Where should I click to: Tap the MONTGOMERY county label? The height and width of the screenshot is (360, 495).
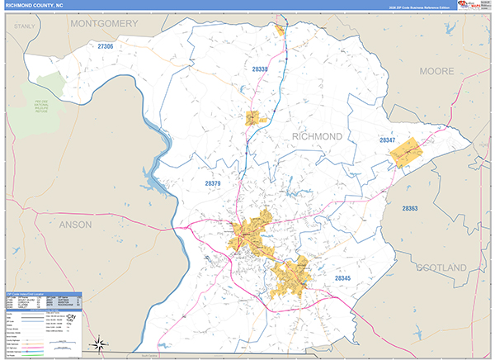pos(104,24)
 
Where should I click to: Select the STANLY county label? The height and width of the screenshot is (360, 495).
pos(25,26)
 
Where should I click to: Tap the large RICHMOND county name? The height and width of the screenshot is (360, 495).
pos(317,135)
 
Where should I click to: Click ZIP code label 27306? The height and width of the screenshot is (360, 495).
pos(105,47)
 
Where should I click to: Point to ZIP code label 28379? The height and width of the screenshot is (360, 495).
pos(212,183)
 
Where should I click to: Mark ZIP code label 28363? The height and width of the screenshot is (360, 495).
pos(410,208)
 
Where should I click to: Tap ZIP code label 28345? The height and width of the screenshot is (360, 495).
pos(346,281)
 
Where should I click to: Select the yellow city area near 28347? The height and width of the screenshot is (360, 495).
pos(405,153)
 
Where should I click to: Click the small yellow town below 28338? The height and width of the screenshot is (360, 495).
pos(254,118)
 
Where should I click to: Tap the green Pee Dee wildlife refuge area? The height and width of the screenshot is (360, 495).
pos(48,97)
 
